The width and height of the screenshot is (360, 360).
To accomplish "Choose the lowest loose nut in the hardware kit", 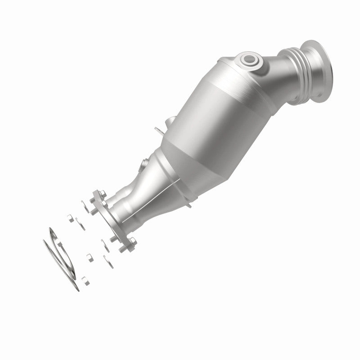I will tap(85, 281).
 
